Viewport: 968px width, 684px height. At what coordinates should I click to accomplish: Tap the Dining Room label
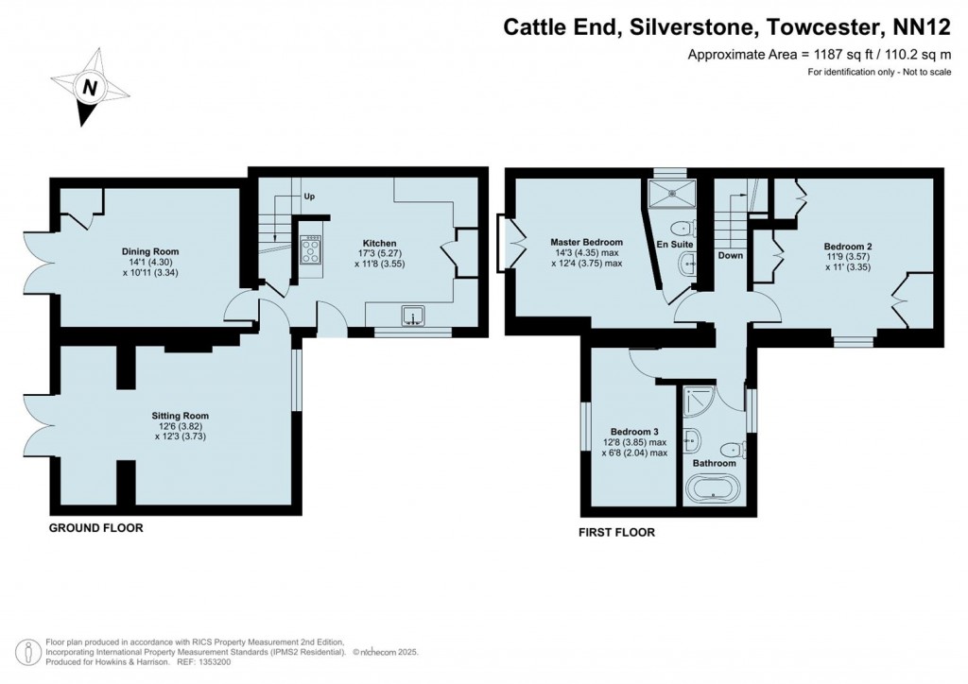pyautogui.click(x=150, y=251)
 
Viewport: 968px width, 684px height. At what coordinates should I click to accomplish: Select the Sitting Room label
pyautogui.click(x=180, y=415)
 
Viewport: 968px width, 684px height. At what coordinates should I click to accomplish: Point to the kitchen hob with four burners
pyautogui.click(x=311, y=249)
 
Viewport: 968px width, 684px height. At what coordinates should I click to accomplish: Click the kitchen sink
pyautogui.click(x=413, y=316)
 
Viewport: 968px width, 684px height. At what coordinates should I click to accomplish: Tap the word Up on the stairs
pyautogui.click(x=309, y=197)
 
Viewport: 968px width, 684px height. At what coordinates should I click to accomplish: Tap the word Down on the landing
pyautogui.click(x=730, y=255)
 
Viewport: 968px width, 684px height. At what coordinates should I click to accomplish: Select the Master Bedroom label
pyautogui.click(x=587, y=242)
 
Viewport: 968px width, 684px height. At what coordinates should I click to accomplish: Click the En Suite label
pyautogui.click(x=675, y=245)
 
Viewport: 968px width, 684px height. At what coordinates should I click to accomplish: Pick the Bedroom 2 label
pyautogui.click(x=848, y=247)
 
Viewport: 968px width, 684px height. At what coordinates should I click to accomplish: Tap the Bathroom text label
pyautogui.click(x=714, y=463)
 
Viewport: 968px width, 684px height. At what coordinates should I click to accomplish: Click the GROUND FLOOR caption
pyautogui.click(x=96, y=528)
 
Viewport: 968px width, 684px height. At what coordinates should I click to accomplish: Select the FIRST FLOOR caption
pyautogui.click(x=616, y=533)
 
